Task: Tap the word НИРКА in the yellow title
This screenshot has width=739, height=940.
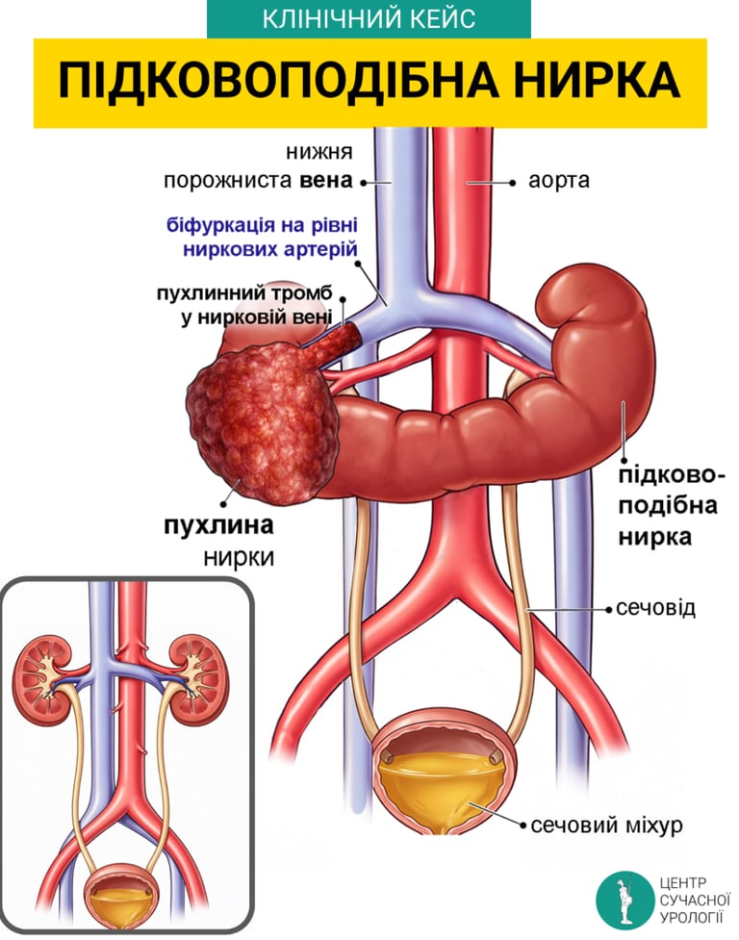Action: click(x=584, y=83)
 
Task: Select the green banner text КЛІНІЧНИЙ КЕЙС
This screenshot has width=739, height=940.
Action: click(x=369, y=19)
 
